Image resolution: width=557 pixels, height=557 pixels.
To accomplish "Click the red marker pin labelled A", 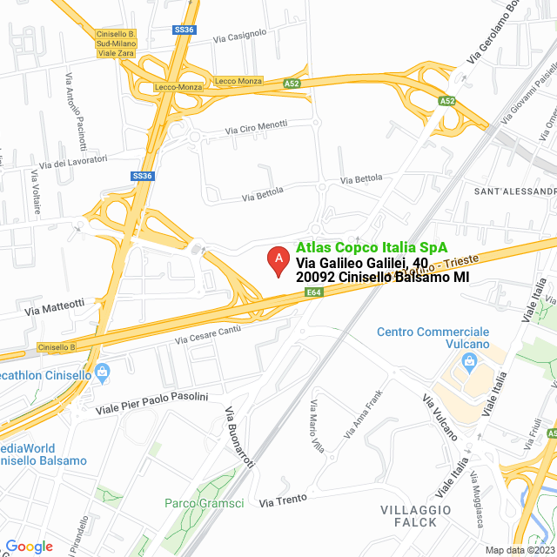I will click(278, 259).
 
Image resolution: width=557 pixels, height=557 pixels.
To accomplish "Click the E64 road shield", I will click(315, 294).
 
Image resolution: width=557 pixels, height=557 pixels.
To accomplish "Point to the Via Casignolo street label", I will click(239, 35).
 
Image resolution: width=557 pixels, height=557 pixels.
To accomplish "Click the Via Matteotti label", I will click(55, 306).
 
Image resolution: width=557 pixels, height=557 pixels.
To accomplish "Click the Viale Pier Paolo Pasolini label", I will click(151, 402).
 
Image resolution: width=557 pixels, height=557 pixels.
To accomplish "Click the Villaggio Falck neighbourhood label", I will click(415, 515).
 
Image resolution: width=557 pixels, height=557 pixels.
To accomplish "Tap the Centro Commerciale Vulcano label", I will click(433, 339).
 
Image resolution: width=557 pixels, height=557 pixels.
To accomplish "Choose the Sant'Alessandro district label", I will click(514, 191).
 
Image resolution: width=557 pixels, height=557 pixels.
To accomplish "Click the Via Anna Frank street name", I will click(364, 413).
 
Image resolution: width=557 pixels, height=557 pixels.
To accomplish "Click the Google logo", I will click(29, 546).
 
